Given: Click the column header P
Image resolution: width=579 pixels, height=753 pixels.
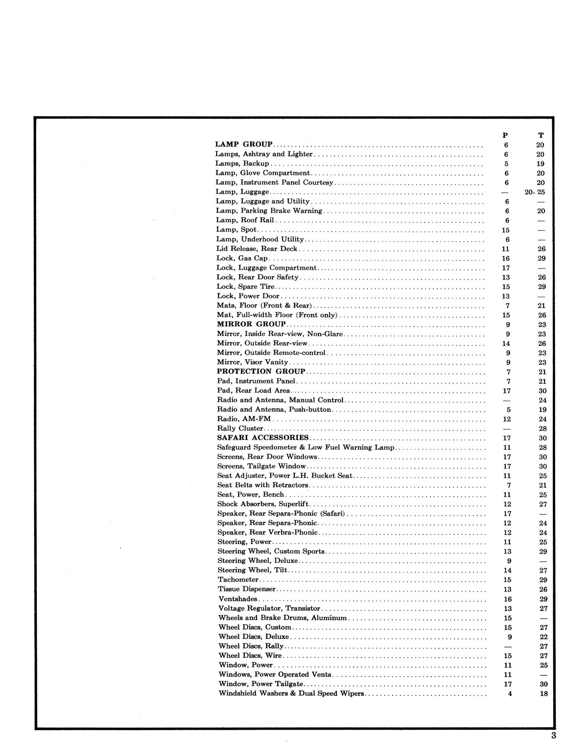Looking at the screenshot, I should point(505,135).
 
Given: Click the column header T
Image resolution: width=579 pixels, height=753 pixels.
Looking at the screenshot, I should point(541,135).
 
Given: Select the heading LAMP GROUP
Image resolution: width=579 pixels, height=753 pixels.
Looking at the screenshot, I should point(244,144).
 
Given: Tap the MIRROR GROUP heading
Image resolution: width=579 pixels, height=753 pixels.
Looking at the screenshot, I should point(251,324).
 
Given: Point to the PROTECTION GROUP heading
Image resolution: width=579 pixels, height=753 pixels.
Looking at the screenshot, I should point(261,371).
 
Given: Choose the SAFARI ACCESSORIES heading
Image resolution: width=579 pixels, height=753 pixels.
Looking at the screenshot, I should point(263,437).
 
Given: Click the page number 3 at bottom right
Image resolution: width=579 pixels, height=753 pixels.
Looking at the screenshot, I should point(554,735).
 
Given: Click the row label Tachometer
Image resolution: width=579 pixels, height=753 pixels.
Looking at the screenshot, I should point(238,580).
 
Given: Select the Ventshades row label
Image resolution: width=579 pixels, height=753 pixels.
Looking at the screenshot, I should point(238,599).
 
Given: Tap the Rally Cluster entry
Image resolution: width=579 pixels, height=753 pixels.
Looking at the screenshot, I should point(240,428).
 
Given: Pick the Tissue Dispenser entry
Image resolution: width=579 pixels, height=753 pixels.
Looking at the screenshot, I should point(247,589).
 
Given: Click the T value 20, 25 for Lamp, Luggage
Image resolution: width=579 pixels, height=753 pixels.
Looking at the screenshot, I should point(535,192).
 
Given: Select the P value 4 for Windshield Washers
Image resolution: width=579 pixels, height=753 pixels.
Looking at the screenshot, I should point(510,693).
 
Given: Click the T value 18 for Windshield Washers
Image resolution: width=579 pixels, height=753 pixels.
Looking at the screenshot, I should point(543,693).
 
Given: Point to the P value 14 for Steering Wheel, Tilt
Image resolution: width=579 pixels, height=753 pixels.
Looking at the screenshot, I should point(507,570).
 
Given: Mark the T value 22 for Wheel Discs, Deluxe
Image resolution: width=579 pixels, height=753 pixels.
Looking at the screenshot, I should point(543,637).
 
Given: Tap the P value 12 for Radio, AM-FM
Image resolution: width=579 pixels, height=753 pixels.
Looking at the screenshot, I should point(507,419).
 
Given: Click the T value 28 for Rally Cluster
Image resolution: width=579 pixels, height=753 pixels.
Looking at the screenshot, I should point(543,429).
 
